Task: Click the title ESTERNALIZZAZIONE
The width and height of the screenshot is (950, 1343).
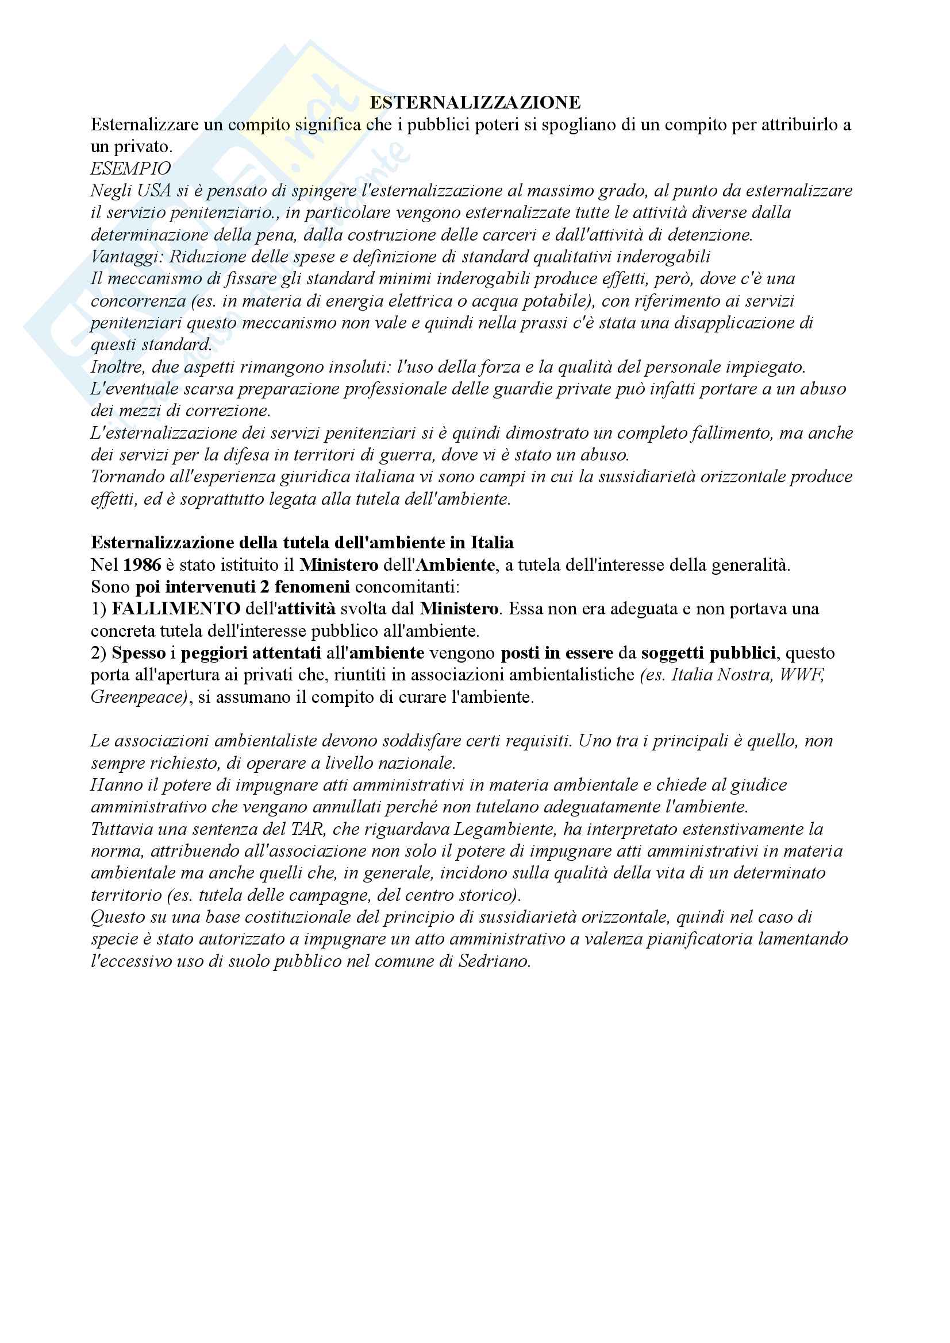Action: [475, 102]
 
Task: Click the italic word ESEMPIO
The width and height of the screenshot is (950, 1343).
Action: [130, 168]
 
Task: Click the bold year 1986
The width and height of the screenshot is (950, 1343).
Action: [142, 565]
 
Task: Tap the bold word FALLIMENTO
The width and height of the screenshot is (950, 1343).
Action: [176, 609]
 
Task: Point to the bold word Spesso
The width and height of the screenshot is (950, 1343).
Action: [138, 653]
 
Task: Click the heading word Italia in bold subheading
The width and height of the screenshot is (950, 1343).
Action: [492, 543]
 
